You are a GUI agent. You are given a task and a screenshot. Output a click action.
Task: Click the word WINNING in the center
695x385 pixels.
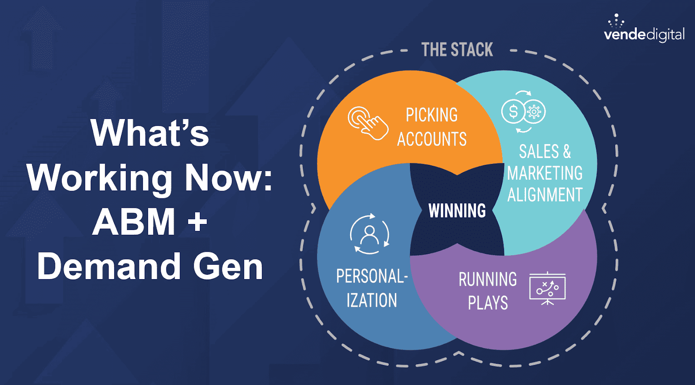(x=457, y=211)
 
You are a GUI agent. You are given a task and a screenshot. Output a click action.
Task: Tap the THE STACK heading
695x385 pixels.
(x=457, y=50)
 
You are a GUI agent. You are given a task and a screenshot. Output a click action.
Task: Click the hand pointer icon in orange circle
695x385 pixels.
(x=368, y=123)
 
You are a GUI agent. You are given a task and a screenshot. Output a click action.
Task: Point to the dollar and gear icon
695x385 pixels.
(x=523, y=112)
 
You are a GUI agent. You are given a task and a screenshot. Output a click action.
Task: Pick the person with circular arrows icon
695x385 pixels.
(x=370, y=234)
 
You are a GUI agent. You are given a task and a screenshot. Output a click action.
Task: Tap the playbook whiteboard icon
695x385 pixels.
(x=547, y=288)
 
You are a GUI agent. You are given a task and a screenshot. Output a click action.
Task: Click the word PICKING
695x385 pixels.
(x=432, y=115)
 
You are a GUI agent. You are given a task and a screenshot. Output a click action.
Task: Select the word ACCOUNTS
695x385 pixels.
(x=432, y=139)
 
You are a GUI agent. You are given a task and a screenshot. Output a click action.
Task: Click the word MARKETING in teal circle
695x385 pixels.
(x=545, y=174)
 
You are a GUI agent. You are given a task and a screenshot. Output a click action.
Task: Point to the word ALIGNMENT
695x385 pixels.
(x=545, y=195)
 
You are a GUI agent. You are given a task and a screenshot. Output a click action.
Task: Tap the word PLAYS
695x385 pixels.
(x=488, y=303)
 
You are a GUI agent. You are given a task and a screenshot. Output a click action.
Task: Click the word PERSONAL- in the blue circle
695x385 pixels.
(x=372, y=276)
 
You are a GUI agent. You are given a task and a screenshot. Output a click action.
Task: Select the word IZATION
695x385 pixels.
(x=372, y=300)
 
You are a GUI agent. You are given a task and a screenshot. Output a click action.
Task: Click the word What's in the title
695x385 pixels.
(x=150, y=133)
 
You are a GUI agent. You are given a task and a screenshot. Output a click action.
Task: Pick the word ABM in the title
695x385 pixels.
(x=134, y=222)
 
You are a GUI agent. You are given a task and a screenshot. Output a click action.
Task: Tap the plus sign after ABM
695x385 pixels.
(x=198, y=222)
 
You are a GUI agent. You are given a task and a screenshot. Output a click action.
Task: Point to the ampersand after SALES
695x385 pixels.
(x=566, y=151)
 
